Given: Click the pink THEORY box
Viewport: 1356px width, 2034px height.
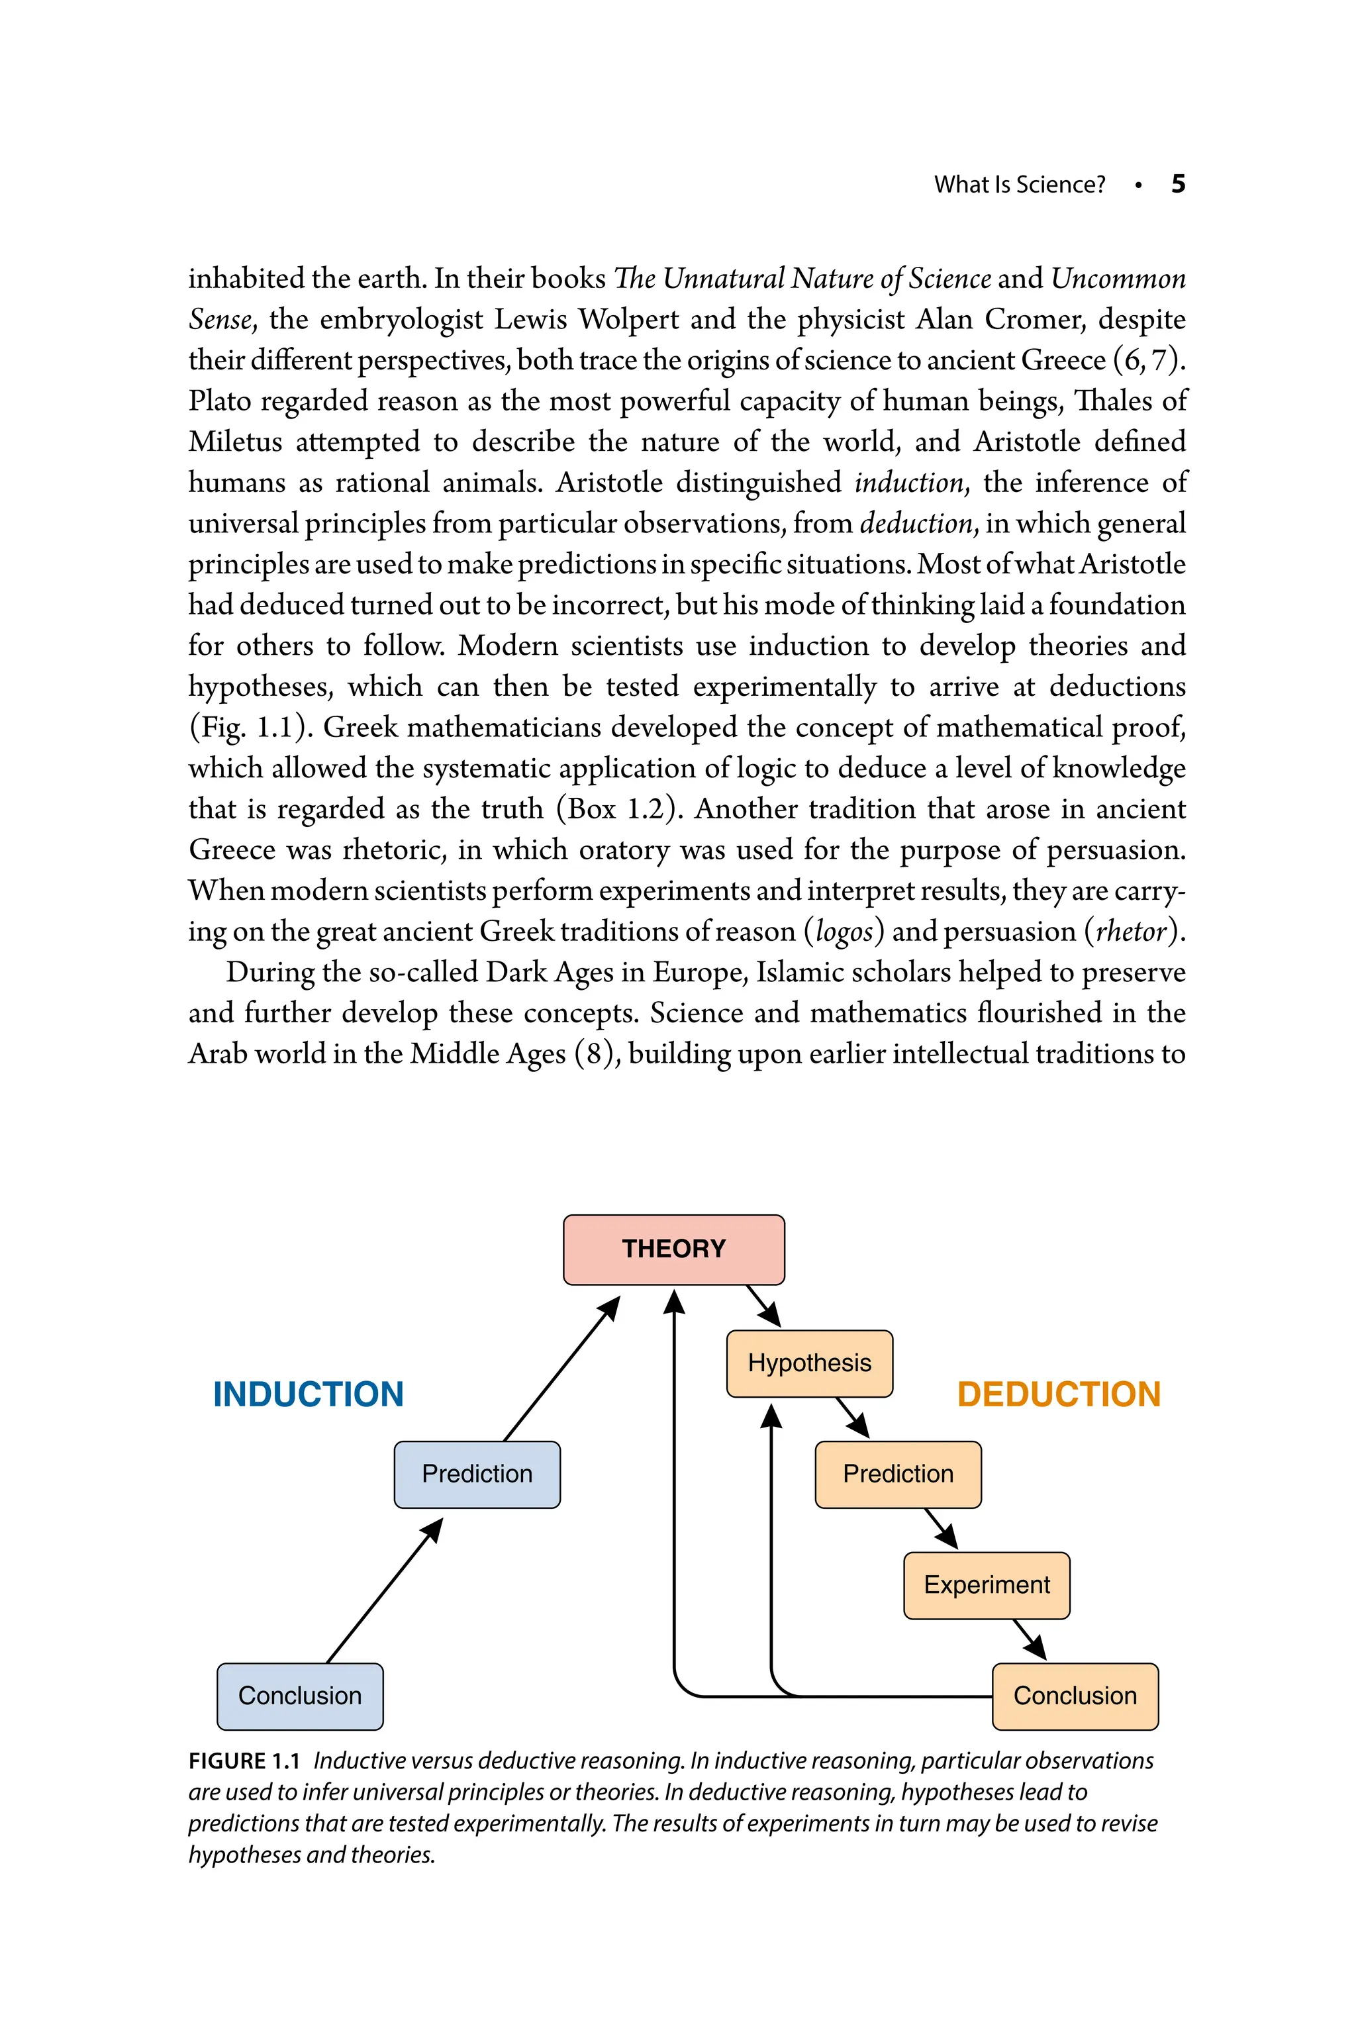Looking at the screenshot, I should pos(673,1249).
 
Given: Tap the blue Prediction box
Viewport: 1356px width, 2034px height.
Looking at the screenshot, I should pos(477,1474).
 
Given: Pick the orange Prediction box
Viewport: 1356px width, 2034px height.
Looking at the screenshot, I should pos(898,1474).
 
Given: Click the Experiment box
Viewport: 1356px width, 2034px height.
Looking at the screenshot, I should pos(987,1584).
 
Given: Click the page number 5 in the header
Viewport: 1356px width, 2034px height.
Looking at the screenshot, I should pos(1178,183).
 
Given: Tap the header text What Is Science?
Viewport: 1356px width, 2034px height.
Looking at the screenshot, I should pos(1020,184).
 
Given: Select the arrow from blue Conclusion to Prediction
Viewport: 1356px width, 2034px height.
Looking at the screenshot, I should pos(384,1591).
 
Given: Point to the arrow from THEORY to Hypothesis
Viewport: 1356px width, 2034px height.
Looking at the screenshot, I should pos(763,1306).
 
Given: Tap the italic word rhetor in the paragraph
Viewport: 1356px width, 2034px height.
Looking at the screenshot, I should pos(1131,932).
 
